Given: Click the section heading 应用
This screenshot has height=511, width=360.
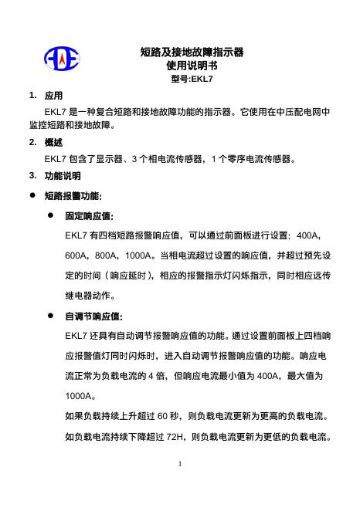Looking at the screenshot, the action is (x=54, y=96).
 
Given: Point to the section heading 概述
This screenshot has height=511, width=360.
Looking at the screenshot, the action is (x=54, y=143).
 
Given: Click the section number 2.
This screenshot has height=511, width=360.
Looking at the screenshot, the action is (x=31, y=143).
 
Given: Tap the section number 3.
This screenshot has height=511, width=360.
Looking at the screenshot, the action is (x=31, y=175).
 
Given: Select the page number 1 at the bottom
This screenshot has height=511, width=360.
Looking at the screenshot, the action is (x=179, y=465).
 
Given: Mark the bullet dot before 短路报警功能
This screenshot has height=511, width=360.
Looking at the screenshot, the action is (x=32, y=196).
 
